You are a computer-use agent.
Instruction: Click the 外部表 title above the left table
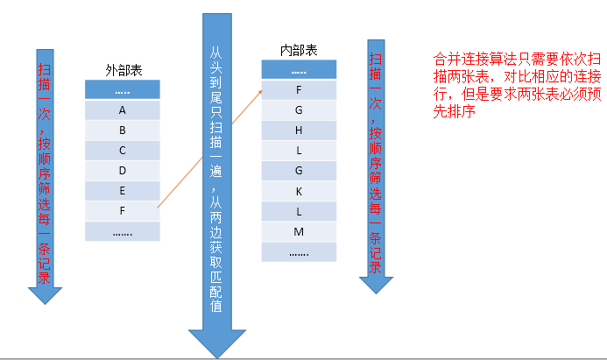(123, 68)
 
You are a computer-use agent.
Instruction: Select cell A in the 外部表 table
(123, 110)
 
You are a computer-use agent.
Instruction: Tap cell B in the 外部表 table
(123, 131)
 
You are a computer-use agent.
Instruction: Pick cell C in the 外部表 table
(123, 151)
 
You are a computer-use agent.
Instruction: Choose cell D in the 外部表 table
(123, 171)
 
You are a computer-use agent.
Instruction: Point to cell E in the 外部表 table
(123, 191)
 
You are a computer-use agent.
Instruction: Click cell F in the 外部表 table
(123, 211)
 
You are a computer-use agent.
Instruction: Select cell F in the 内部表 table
(299, 90)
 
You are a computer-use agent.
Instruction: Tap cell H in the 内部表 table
(299, 131)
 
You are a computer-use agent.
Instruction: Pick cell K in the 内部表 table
(299, 191)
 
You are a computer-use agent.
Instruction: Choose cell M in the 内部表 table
(299, 231)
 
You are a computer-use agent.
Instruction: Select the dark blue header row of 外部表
(123, 90)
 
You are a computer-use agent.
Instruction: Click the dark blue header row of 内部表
(299, 70)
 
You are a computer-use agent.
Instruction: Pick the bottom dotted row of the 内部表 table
(299, 251)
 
